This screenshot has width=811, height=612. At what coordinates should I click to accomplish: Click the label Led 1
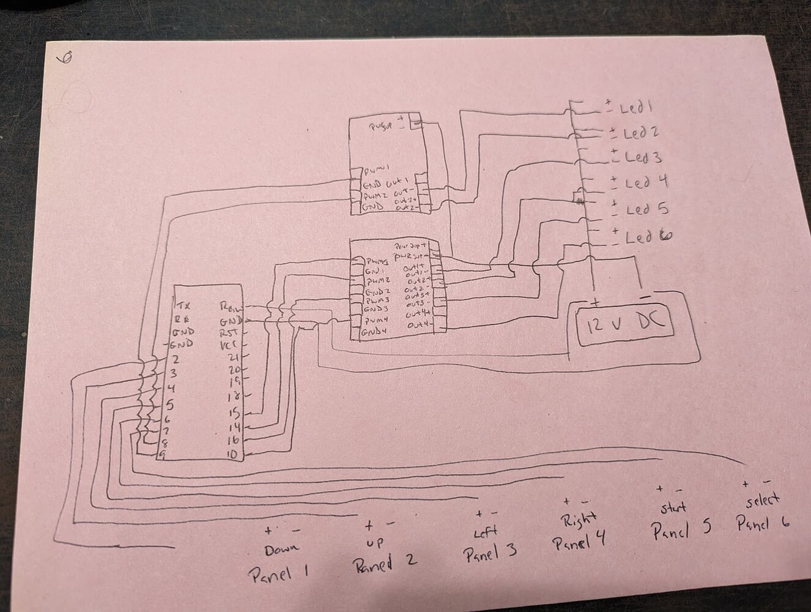636,108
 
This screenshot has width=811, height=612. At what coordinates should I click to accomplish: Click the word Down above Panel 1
282,550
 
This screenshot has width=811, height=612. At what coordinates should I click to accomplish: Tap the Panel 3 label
490,553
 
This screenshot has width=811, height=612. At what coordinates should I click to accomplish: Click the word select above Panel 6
763,501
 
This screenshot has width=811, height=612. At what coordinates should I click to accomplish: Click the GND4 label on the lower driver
372,332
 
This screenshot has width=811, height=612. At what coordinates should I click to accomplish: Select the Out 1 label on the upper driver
397,181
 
